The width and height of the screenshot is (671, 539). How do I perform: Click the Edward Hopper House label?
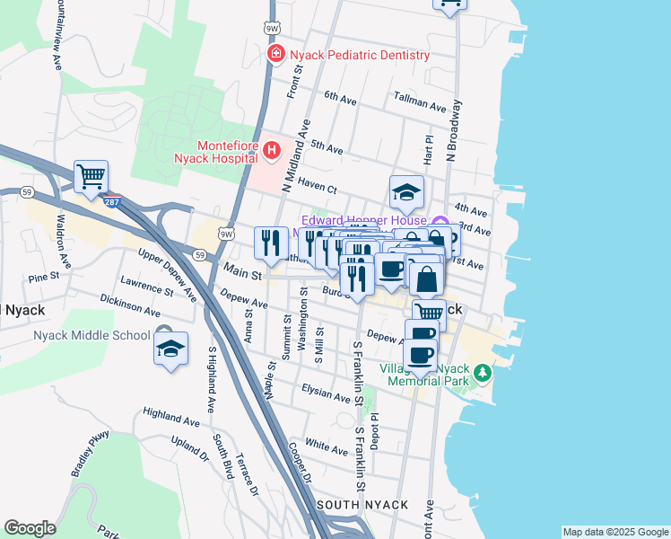(365, 219)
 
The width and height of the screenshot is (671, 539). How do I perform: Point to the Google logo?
(30, 528)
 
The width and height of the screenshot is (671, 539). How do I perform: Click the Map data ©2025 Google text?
(614, 532)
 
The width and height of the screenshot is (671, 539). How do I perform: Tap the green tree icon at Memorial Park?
(483, 371)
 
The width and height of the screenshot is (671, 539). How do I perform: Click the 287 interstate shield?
(112, 201)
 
